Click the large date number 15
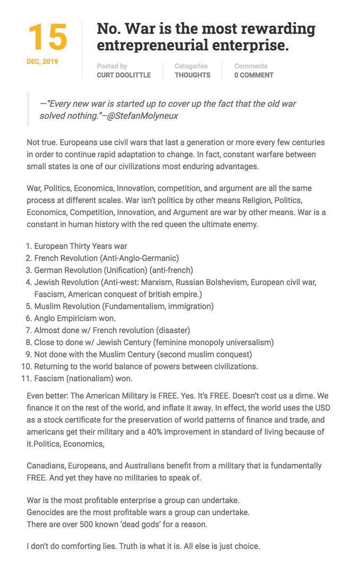click(x=47, y=38)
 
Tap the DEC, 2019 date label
click(x=43, y=61)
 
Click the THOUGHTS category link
click(x=192, y=75)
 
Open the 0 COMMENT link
click(x=254, y=75)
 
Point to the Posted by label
click(x=112, y=66)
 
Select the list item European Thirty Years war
click(x=81, y=246)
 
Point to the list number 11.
click(x=26, y=379)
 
